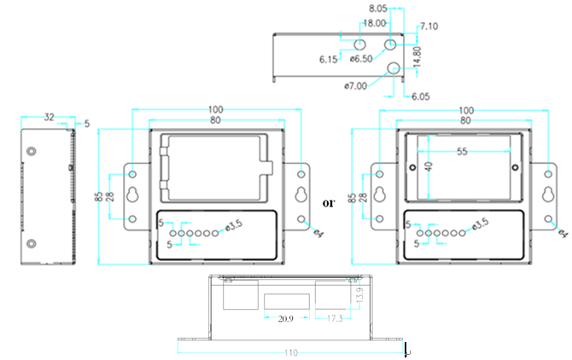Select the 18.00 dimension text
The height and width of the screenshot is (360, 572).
[373, 24]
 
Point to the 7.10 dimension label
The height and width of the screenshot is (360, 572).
[429, 26]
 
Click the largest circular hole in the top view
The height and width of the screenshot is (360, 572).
[394, 69]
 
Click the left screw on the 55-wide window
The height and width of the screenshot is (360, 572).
[411, 166]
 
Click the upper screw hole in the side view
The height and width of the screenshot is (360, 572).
[32, 151]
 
